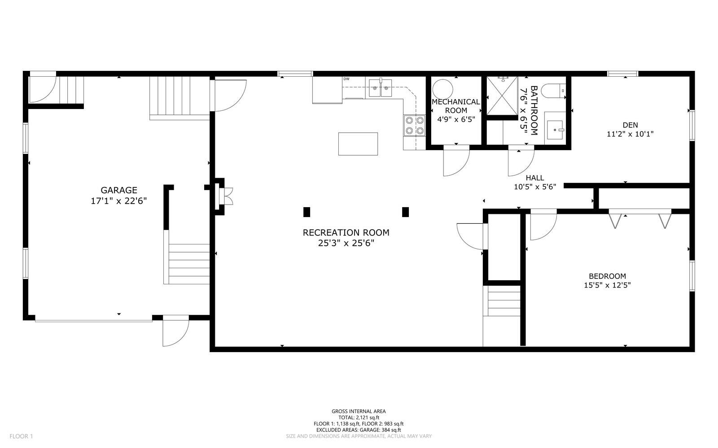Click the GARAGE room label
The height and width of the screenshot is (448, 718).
pos(118,190)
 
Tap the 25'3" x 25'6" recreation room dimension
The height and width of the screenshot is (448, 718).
pos(346,244)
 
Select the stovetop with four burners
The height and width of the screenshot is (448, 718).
pos(415,125)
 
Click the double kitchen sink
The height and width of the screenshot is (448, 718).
pos(381,88)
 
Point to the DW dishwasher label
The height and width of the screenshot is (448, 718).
pos(346,79)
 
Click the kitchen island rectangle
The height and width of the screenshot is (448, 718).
pos(358,144)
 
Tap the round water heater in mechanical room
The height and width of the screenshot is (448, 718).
pos(442,88)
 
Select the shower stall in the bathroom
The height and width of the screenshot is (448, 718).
pos(502,96)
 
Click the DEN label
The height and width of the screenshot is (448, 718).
pos(630,125)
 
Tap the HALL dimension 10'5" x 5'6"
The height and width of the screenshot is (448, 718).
pos(535,187)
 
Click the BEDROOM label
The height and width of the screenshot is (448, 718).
pos(607,276)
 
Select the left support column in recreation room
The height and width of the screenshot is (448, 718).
pos(307,212)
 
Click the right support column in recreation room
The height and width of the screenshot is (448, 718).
pos(406,212)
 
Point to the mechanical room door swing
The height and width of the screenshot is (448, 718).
pos(455,160)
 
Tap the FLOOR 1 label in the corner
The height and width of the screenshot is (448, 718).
pos(22,436)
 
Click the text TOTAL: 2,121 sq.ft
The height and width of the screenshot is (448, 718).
pos(359,418)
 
